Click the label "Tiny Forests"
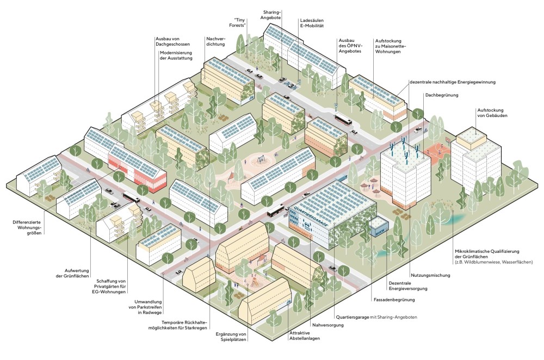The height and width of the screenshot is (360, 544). pos(237,21)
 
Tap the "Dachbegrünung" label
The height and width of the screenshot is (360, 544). pos(441,95)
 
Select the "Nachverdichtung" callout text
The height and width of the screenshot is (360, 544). pos(216,41)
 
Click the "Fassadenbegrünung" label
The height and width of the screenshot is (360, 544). pos(394,300)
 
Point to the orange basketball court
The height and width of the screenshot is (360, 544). pos(439,151)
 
